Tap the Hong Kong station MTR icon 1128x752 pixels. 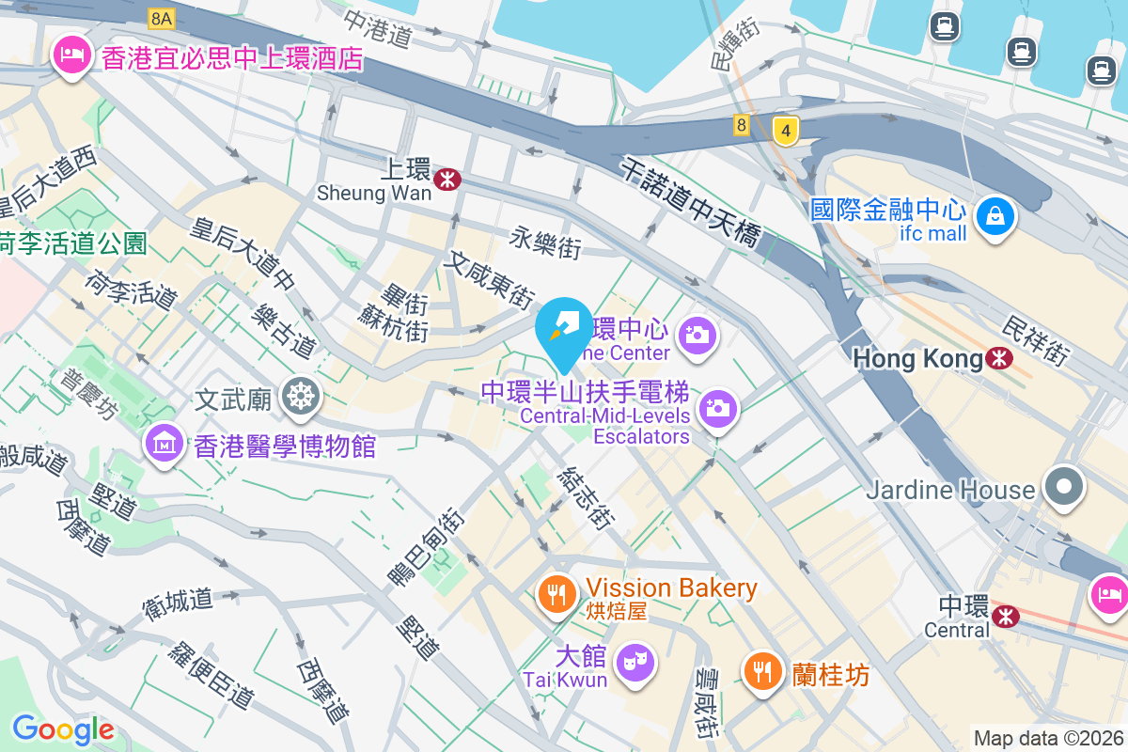coord(999,358)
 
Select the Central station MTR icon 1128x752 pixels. coord(1006,617)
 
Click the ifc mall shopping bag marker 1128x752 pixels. coord(995,217)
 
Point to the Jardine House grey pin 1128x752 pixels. coord(1064,488)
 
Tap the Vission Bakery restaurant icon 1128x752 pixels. coord(558,593)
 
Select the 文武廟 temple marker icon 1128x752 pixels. coord(301,399)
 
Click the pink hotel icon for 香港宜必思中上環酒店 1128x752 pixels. coord(72,56)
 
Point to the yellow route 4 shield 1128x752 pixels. coord(785,131)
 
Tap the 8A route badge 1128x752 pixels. coord(161,18)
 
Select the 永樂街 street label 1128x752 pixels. coord(545,243)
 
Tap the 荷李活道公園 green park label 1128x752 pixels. coord(73,244)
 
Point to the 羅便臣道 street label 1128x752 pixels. coord(211,676)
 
